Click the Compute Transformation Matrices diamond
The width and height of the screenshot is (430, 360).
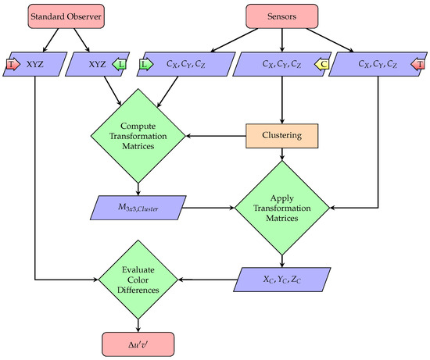coord(138,136)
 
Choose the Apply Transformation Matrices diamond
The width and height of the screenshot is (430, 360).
coord(280,208)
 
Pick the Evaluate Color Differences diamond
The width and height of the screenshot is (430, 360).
coord(138,279)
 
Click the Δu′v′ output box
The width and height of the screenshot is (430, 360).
coord(138,343)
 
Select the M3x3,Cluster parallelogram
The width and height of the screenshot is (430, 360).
coord(138,208)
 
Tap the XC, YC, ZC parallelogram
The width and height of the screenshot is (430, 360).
coord(280,279)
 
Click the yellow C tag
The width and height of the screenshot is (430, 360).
coord(324,63)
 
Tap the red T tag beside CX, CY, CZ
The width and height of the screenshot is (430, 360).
coord(419,63)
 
